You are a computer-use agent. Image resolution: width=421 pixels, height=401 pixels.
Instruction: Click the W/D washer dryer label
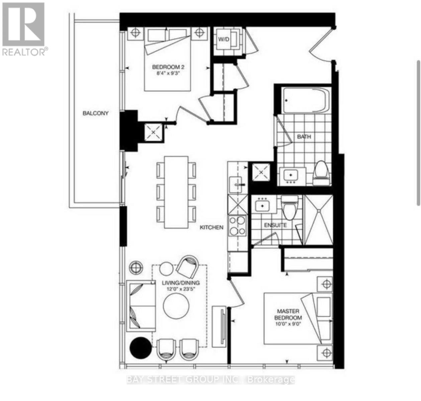(x=224, y=39)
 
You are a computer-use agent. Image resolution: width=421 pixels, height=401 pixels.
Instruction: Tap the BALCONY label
(x=96, y=113)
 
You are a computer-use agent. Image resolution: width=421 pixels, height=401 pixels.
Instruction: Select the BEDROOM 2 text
(x=168, y=67)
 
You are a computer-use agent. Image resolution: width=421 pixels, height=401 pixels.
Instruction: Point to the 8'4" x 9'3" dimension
(x=168, y=74)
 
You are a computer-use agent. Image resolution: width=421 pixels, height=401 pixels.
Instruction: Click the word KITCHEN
(x=212, y=228)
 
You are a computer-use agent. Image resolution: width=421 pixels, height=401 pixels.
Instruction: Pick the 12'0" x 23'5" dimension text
(x=181, y=289)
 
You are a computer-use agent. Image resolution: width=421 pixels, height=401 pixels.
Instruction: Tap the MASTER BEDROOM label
(x=288, y=314)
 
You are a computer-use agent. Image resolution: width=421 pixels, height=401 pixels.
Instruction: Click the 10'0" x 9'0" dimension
(x=288, y=324)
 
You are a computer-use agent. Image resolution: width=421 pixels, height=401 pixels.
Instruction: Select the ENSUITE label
(x=275, y=225)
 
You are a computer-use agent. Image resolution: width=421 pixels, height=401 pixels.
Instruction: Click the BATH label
(x=304, y=137)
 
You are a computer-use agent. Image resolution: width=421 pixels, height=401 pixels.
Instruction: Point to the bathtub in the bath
(x=306, y=100)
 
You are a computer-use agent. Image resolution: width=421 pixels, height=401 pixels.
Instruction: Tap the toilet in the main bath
(x=321, y=173)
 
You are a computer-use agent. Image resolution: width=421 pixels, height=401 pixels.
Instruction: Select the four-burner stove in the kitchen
(x=237, y=226)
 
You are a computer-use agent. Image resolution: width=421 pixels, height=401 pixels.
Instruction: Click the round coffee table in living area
(x=176, y=306)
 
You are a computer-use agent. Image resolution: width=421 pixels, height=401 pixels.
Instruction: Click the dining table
(x=176, y=192)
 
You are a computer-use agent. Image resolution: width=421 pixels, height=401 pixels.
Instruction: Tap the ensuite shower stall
(x=319, y=220)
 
